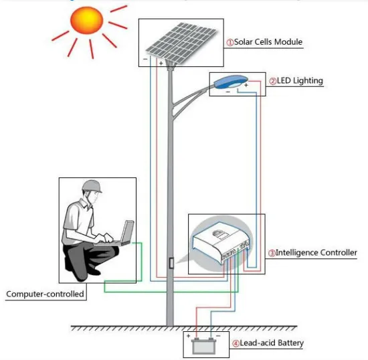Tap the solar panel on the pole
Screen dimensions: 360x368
[x=179, y=41]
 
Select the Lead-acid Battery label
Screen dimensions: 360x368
[x=272, y=344]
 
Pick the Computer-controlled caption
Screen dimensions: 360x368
[x=45, y=294]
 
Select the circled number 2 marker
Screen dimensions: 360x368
[x=273, y=82]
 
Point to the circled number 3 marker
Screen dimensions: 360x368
[x=272, y=254]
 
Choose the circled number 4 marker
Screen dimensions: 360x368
[x=236, y=344]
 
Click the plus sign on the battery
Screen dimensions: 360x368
[x=189, y=336]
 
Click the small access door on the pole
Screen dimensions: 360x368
[x=171, y=264]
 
